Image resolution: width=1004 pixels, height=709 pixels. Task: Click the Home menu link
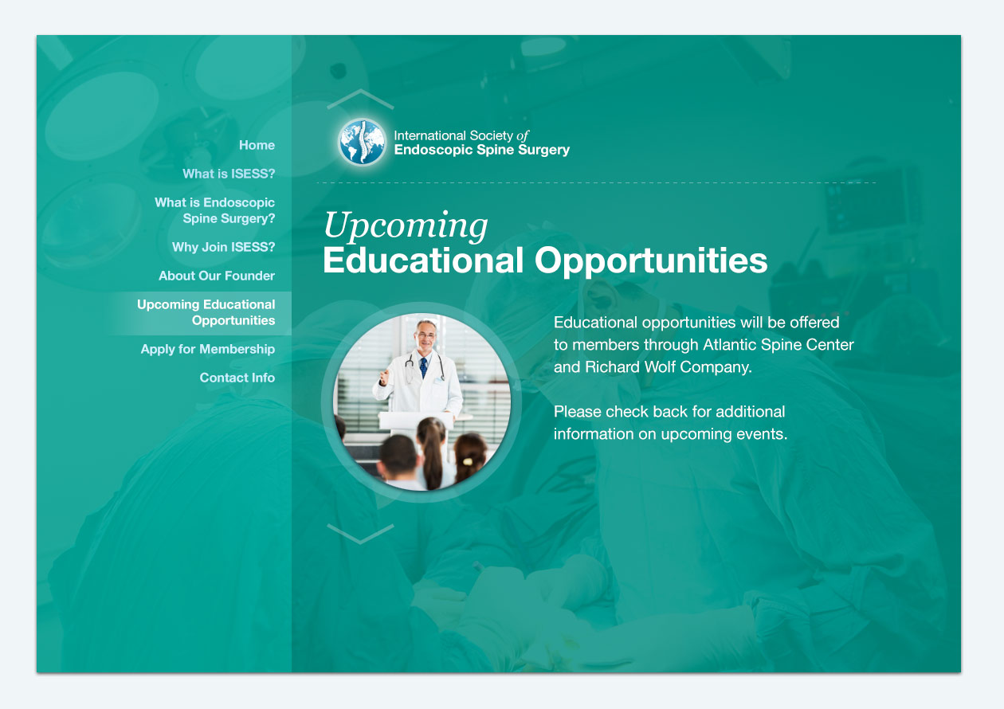coord(257,145)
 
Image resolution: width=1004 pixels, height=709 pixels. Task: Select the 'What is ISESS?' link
coord(229,174)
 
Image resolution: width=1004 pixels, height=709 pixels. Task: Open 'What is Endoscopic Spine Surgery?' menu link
coord(214,210)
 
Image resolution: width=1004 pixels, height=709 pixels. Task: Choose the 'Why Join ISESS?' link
coord(223,247)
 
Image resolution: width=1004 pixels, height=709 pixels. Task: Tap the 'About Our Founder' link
coord(217,276)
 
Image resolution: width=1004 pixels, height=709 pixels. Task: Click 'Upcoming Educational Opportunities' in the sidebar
coord(206,312)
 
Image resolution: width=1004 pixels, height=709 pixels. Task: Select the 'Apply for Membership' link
coord(207,349)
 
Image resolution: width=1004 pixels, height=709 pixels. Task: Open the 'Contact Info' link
coord(237,378)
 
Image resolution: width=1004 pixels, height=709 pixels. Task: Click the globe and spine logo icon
coord(362,142)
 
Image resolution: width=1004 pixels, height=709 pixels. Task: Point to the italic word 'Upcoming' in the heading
coord(405,226)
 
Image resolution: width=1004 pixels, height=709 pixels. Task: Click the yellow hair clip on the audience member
coord(468,461)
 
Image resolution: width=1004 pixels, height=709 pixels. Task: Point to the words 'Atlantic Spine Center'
coord(778,345)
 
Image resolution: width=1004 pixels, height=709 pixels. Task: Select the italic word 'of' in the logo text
coord(522,135)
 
